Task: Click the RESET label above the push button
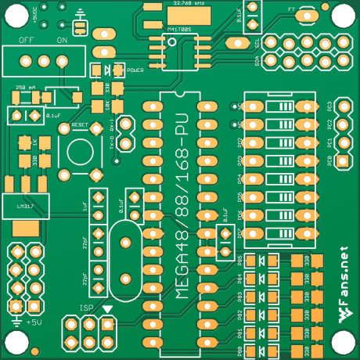(x=80, y=124)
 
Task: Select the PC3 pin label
(x=330, y=106)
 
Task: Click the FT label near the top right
(x=292, y=9)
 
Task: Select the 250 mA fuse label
(x=26, y=88)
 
